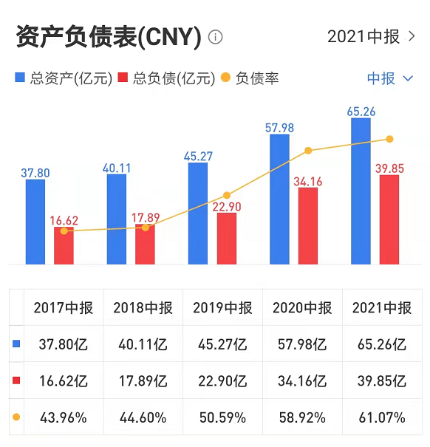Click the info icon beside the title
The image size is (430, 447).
(x=216, y=37)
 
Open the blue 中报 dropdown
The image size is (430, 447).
(x=390, y=78)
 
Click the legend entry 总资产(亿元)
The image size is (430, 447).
(x=64, y=78)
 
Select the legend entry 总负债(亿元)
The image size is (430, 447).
(x=166, y=78)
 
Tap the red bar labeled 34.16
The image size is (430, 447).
(x=308, y=225)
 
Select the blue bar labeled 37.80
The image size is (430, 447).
(x=35, y=222)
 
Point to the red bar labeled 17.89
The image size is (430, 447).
(x=146, y=244)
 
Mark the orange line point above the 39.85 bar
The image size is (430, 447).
(x=389, y=139)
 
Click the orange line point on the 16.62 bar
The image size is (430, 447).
(x=64, y=231)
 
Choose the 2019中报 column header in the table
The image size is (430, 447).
(x=222, y=308)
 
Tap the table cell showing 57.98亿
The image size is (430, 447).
(x=302, y=344)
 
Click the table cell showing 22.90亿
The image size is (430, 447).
(x=222, y=381)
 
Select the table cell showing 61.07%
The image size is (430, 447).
(x=382, y=417)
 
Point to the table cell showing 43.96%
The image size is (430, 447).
(x=63, y=417)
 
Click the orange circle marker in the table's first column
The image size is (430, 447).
(x=17, y=417)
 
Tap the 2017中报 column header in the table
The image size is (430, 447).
(x=63, y=308)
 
